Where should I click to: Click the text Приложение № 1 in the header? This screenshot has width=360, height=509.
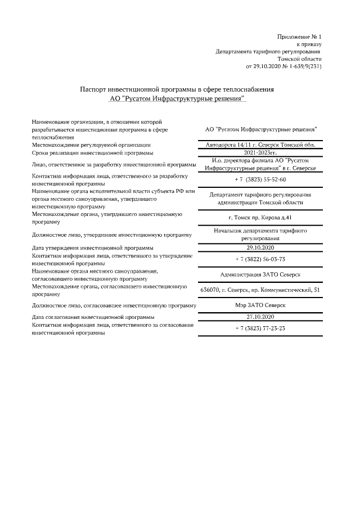299,37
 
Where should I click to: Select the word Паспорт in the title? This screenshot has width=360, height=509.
93,89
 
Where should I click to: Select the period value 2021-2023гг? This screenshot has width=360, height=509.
260,152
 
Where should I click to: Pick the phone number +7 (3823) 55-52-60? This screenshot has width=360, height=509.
260,179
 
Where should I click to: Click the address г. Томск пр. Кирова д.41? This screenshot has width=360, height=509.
260,218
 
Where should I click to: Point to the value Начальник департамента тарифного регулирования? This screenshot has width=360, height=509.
260,235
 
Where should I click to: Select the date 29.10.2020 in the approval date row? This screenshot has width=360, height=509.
260,247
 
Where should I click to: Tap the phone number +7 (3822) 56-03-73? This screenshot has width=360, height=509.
260,259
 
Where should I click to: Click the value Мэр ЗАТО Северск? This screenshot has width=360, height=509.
260,305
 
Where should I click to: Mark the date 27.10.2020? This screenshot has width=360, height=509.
260,317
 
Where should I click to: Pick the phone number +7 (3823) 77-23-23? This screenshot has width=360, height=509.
260,328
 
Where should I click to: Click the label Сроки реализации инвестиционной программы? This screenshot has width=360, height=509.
92,152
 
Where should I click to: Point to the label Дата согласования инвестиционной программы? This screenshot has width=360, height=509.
89,317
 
